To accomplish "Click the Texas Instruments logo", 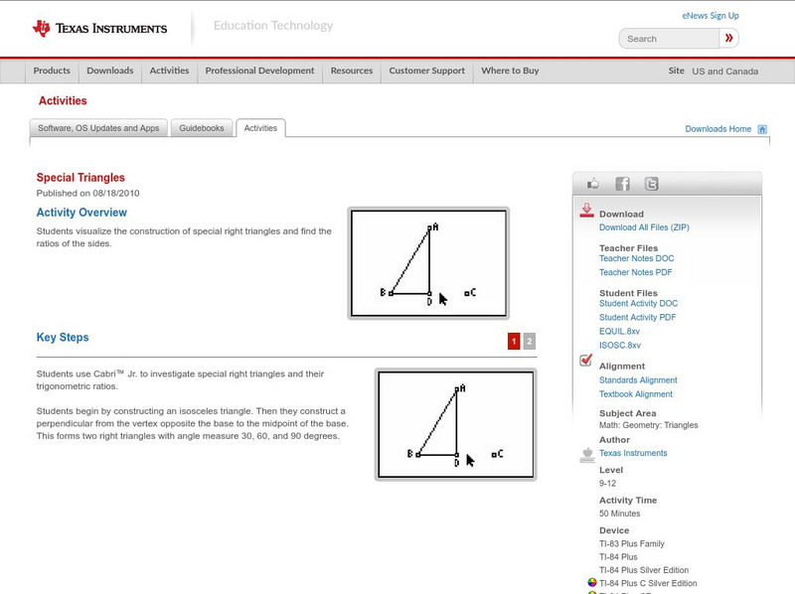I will [99, 28].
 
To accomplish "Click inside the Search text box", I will [668, 39].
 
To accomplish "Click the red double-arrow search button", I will [728, 39].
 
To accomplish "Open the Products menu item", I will [52, 71].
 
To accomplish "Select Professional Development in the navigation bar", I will [259, 71].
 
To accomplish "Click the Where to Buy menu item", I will [510, 71].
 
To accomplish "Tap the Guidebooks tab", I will [204, 128].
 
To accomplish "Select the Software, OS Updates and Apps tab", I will [98, 128].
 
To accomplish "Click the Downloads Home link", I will [717, 129].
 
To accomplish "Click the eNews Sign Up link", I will [710, 16].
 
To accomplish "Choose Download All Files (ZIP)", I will [644, 227].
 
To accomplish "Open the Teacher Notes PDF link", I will [635, 272].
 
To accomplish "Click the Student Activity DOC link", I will [638, 303].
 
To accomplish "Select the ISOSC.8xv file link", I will [619, 345].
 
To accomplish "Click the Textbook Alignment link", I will [635, 394].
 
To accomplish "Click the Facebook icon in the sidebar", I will [622, 184].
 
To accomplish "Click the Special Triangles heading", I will [80, 178].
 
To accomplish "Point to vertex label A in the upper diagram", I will [435, 226].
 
